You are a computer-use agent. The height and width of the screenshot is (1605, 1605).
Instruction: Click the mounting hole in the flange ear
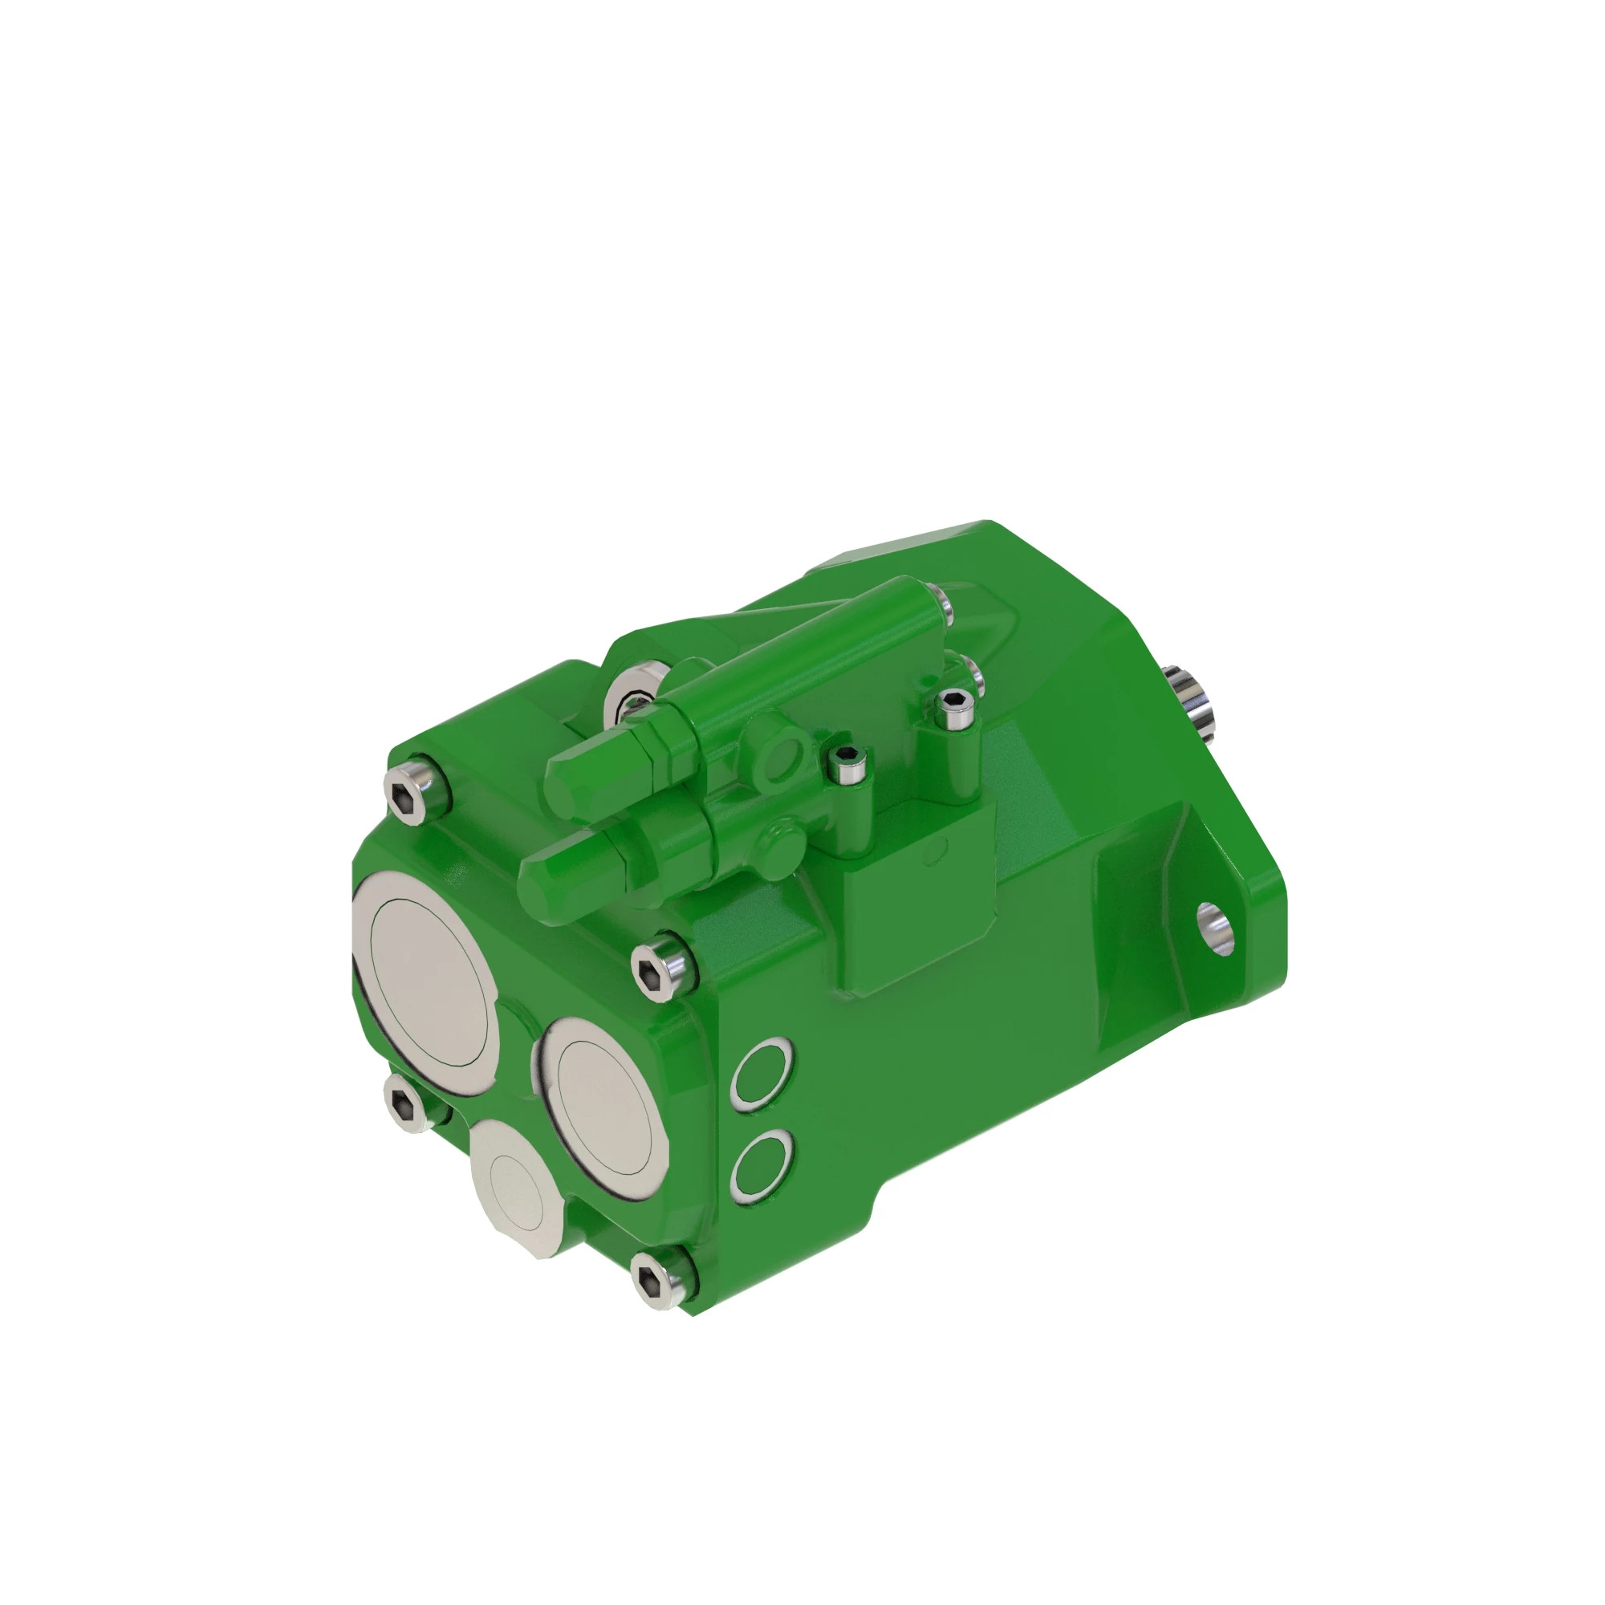pyautogui.click(x=1214, y=928)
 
